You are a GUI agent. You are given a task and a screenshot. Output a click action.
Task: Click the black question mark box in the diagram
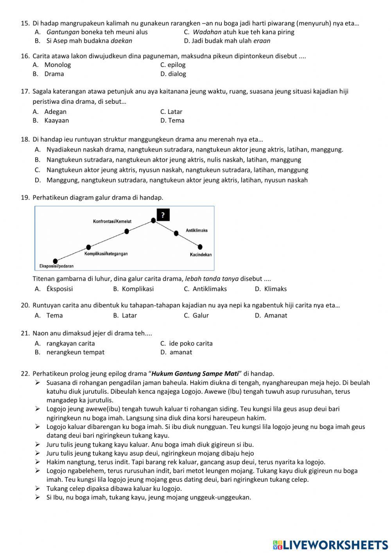(x=163, y=215)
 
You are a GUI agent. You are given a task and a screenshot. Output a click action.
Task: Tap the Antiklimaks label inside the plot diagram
(x=197, y=231)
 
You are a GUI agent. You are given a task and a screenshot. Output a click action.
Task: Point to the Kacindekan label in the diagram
(x=201, y=255)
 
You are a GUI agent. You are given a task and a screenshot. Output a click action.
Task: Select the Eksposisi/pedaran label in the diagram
(x=56, y=266)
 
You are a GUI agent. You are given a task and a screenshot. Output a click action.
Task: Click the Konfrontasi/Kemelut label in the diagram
(x=112, y=222)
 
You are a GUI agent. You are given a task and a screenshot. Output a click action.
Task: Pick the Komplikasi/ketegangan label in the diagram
(x=106, y=254)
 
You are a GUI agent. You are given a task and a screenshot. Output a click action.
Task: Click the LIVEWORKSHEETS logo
(x=330, y=544)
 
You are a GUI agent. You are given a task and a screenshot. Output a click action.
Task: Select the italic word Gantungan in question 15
(x=63, y=32)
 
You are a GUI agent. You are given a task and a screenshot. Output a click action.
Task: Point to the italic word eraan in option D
(x=262, y=41)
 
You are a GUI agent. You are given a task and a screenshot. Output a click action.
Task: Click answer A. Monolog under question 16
(x=52, y=65)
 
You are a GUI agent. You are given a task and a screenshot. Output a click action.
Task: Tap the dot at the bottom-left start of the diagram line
(x=55, y=261)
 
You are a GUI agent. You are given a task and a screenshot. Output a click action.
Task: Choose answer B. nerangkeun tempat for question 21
(x=70, y=352)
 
